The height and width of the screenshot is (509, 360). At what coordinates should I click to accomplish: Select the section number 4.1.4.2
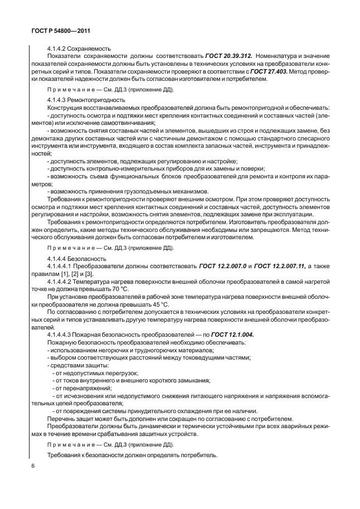point(57,49)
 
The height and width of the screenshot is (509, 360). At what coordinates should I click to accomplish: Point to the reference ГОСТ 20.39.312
point(230,56)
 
